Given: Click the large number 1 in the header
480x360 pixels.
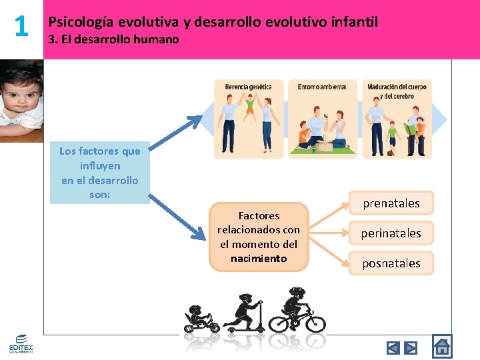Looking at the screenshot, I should (21, 27).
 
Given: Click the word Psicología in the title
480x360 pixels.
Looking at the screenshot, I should (81, 22).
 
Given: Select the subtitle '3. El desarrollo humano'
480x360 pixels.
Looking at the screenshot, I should (114, 39).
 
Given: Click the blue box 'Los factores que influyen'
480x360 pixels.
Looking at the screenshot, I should (99, 173).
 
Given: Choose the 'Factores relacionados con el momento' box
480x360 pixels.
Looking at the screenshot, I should (259, 237).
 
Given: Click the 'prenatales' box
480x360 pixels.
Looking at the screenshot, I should (391, 203).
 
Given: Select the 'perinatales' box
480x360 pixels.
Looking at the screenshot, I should (391, 233).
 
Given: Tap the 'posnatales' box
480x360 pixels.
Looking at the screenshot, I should (391, 263).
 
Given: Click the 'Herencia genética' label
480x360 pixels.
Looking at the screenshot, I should (248, 87).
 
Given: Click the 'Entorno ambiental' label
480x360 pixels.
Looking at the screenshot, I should (322, 87).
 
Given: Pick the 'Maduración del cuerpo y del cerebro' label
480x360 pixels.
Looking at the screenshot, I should (397, 91).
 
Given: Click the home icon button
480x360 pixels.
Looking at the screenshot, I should (441, 347).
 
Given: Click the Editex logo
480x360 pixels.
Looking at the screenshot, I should (20, 344).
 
